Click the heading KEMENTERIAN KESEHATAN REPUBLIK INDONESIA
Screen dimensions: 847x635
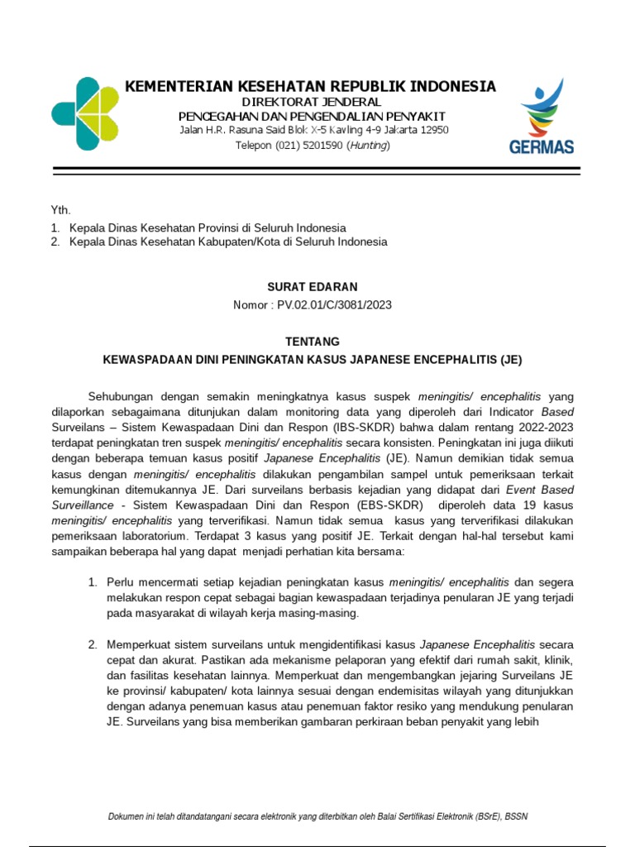pyautogui.click(x=310, y=86)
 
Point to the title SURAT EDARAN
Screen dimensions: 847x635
pyautogui.click(x=312, y=287)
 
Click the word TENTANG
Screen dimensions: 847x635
pyautogui.click(x=312, y=342)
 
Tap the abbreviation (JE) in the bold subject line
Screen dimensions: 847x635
pyautogui.click(x=511, y=360)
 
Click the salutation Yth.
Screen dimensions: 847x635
pyautogui.click(x=60, y=210)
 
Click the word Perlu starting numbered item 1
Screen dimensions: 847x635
pyautogui.click(x=121, y=583)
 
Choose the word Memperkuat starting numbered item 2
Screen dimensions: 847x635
pyautogui.click(x=137, y=644)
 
